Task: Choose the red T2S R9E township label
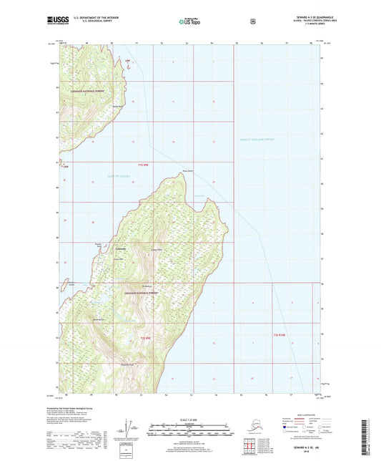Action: click(147, 337)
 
